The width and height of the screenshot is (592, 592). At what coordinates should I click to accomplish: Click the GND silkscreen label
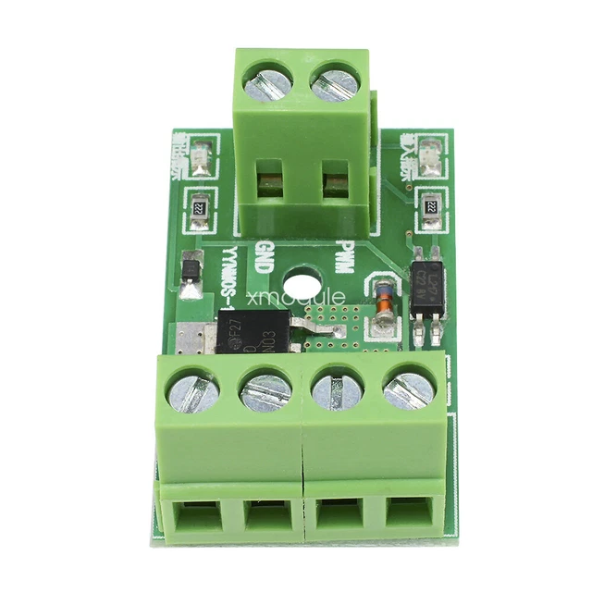pyautogui.click(x=263, y=256)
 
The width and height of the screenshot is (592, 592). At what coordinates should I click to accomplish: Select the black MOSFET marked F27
pyautogui.click(x=254, y=332)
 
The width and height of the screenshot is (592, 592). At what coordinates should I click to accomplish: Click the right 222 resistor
pyautogui.click(x=428, y=207)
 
